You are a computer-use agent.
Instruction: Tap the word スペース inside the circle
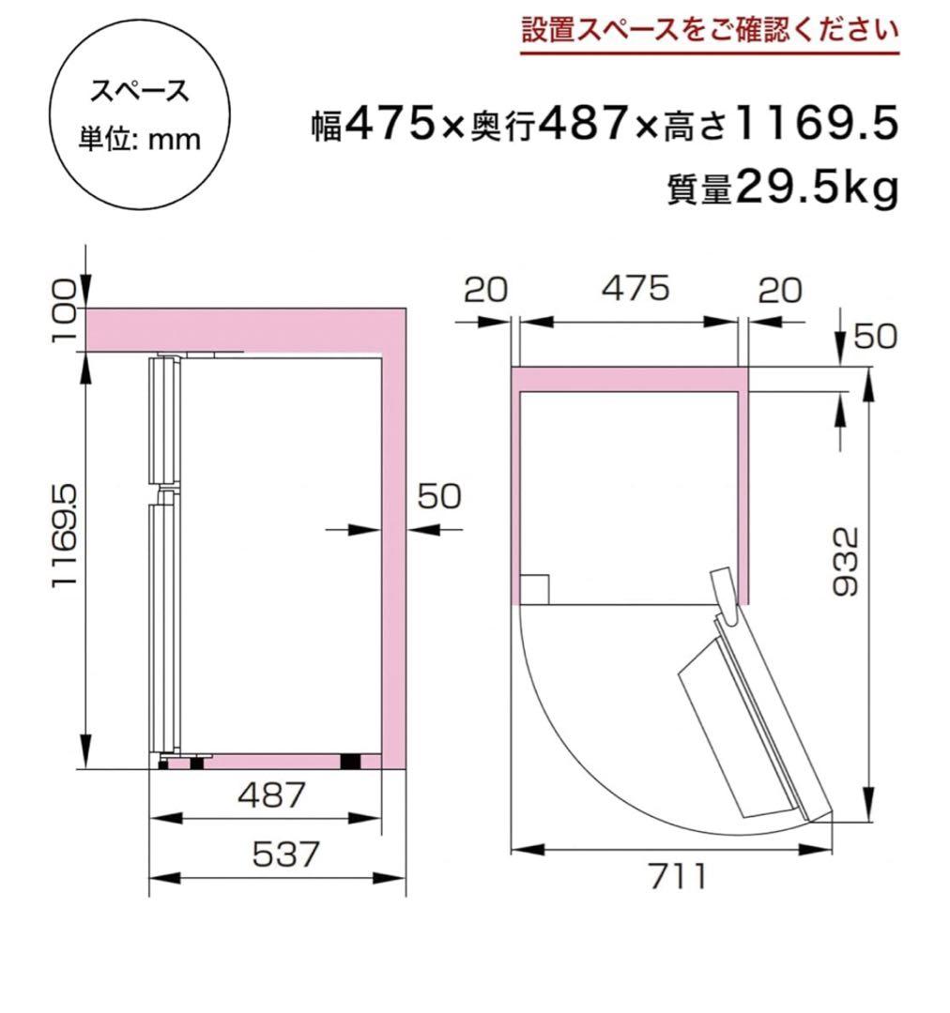[x=139, y=92]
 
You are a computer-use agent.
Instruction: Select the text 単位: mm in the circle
[x=139, y=139]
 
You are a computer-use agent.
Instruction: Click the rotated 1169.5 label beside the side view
[x=64, y=537]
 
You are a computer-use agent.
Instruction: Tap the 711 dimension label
[x=676, y=876]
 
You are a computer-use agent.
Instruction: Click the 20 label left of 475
[x=485, y=290]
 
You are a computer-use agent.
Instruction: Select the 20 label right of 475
[x=780, y=290]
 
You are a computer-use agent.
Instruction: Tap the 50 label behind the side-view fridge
[x=439, y=496]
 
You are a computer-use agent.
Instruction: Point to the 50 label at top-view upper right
[x=875, y=336]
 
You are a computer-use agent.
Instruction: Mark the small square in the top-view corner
[x=534, y=589]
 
